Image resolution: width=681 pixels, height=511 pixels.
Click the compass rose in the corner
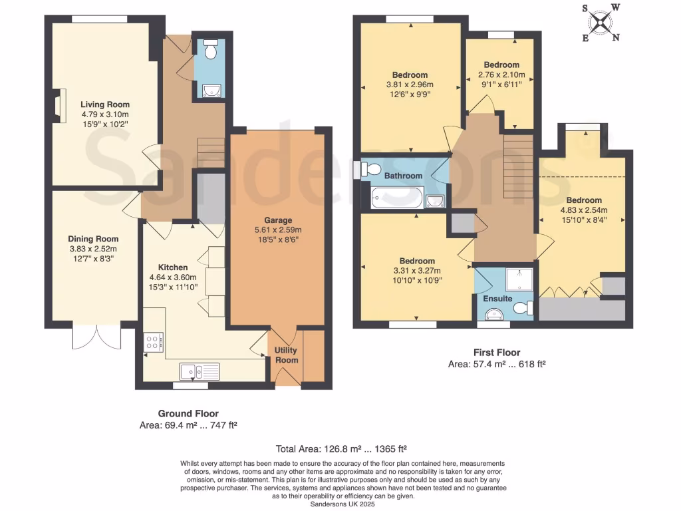click(601, 23)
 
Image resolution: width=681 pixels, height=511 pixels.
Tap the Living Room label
click(105, 104)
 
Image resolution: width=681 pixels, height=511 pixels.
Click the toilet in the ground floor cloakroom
click(211, 49)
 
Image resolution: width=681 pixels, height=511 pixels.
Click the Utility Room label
click(287, 355)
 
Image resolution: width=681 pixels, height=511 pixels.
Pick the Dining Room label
click(93, 239)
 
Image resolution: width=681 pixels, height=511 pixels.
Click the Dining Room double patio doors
click(95, 336)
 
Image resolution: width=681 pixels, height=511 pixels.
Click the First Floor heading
click(496, 353)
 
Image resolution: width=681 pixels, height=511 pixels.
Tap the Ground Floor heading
click(188, 413)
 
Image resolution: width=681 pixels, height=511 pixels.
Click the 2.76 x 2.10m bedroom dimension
click(501, 75)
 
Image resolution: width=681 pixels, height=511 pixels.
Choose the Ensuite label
click(497, 299)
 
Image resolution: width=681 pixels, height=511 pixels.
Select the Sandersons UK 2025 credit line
click(342, 504)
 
